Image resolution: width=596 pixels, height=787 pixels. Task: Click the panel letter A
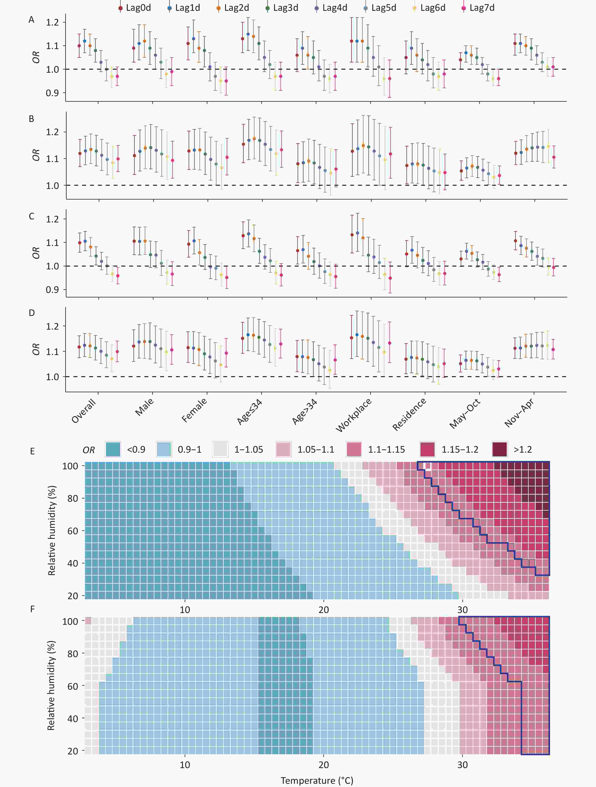click(x=31, y=20)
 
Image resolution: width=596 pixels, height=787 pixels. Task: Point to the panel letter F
click(x=32, y=609)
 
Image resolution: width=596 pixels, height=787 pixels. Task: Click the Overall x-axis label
click(x=84, y=411)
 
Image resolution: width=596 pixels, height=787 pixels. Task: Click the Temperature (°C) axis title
click(x=317, y=780)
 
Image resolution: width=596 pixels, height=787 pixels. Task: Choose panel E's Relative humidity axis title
click(x=52, y=530)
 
